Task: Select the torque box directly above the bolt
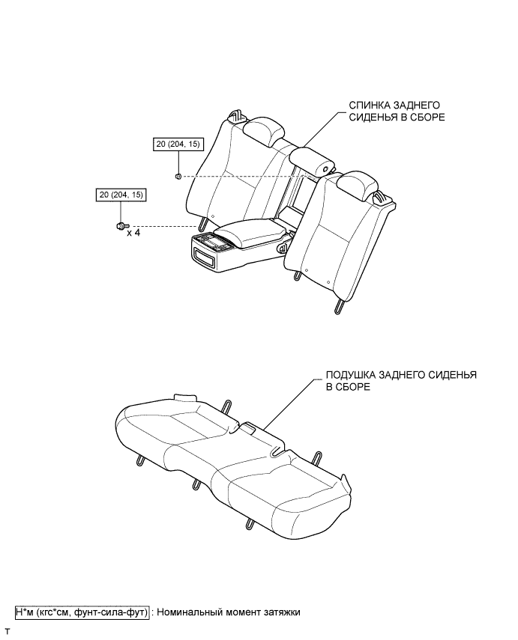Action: [121, 195]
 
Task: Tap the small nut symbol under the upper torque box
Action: [178, 177]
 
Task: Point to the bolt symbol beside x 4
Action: [121, 225]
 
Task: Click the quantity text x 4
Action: [133, 234]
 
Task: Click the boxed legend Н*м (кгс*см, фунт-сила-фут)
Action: [82, 612]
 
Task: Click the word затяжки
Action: [280, 612]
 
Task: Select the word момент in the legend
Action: [244, 612]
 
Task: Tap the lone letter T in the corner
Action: [7, 633]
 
